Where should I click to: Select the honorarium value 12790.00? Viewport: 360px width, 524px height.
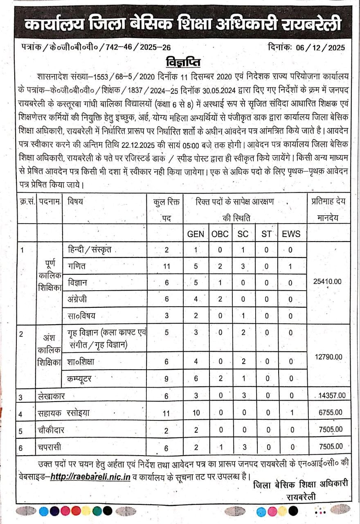(x=328, y=357)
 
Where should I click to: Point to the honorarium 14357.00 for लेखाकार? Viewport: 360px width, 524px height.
(x=332, y=395)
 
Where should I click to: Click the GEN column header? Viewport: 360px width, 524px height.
(x=196, y=234)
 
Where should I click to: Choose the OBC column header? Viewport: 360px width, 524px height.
(x=220, y=234)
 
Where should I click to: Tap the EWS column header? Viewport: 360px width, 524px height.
(x=291, y=234)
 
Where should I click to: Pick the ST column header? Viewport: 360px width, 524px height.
(x=266, y=234)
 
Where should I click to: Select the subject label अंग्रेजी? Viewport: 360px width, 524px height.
(x=78, y=299)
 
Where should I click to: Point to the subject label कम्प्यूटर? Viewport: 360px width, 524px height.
(x=82, y=379)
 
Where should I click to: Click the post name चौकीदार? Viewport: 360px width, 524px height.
(x=51, y=430)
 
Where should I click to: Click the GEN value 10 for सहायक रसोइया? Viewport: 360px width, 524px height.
(x=196, y=413)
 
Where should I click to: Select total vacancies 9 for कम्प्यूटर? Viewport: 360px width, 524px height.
(x=166, y=379)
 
